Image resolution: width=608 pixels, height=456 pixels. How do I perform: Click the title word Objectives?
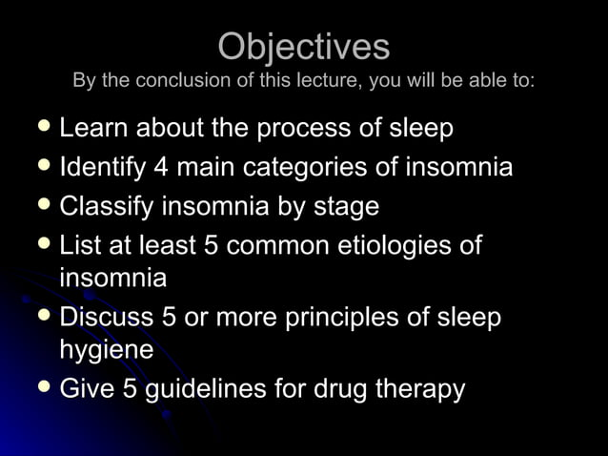point(303,46)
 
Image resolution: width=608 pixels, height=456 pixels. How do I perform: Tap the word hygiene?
point(106,350)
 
